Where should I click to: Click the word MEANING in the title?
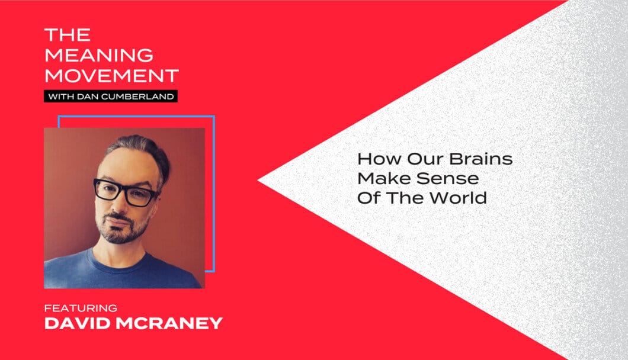coord(99,55)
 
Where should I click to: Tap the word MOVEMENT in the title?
coord(112,76)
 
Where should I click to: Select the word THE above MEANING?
coord(68,35)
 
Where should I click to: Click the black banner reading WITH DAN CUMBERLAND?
coord(111,96)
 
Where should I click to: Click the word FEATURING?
coord(81,308)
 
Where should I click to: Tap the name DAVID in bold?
coord(77,323)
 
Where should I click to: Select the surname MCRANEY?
coord(169,323)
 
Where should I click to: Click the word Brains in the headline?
coord(480,159)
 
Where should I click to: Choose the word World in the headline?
coord(458,198)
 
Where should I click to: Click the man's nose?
coord(116,204)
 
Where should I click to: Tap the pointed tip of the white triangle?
coord(258,181)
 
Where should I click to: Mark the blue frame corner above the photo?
coord(214,117)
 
